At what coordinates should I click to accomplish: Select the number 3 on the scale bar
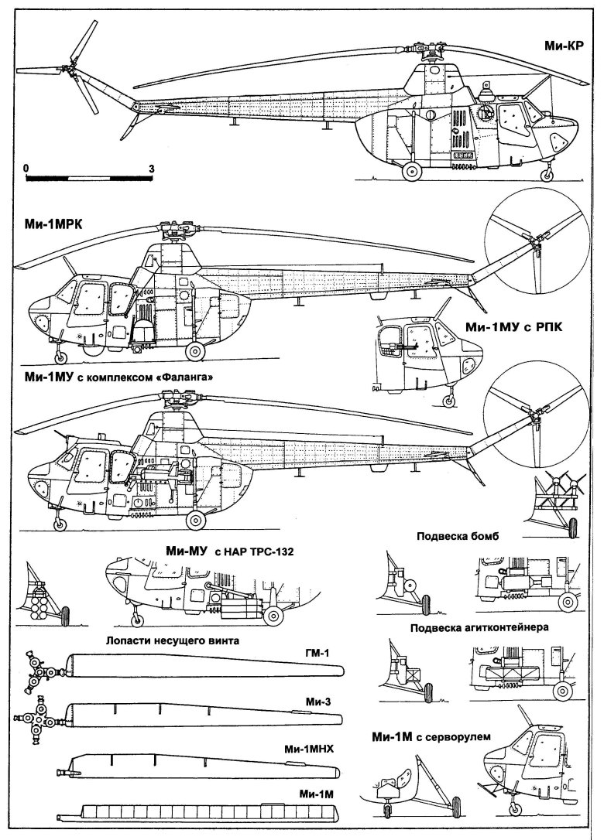coord(152,167)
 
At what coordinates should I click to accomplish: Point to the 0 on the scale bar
coord(26,167)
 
